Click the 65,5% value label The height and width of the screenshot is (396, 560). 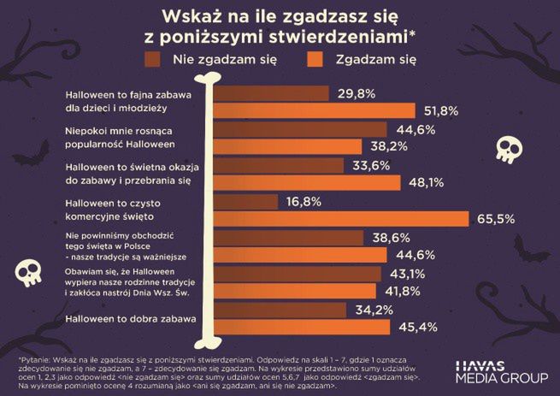[495, 219]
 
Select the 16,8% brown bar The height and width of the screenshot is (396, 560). [245, 202]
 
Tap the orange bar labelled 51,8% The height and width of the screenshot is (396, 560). [313, 110]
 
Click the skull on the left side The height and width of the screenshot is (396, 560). [28, 271]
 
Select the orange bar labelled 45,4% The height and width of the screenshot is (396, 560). [300, 327]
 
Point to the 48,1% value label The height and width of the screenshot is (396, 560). [425, 182]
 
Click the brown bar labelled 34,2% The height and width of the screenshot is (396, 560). [278, 310]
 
